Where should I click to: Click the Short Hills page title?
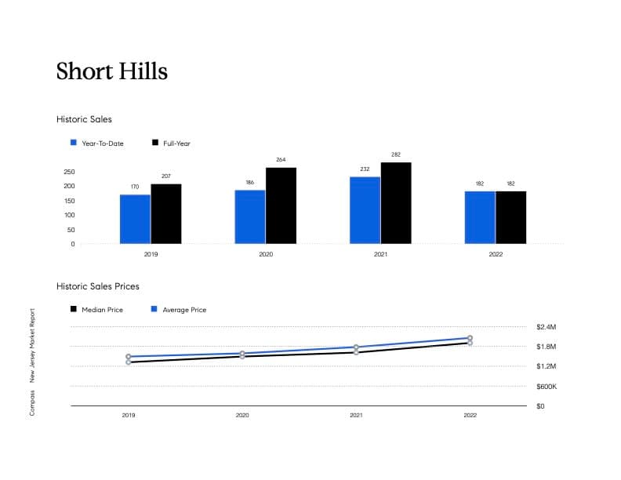[112, 71]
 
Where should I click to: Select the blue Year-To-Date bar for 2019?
[135, 219]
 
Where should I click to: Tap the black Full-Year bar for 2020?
[281, 205]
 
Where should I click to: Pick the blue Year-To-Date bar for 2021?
[365, 210]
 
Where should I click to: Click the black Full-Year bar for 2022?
[510, 217]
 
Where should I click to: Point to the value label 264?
[281, 160]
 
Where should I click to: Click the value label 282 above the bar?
[396, 155]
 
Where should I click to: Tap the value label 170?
[135, 187]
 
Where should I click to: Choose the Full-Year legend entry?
[176, 144]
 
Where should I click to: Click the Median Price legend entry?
[102, 310]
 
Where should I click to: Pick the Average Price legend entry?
[184, 310]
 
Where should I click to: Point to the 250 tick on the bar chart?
[68, 172]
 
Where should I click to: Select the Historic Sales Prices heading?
[98, 286]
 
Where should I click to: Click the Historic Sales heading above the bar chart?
[84, 119]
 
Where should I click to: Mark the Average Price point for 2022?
[470, 338]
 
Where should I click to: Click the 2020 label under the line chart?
[242, 415]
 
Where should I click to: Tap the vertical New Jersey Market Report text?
[32, 345]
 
